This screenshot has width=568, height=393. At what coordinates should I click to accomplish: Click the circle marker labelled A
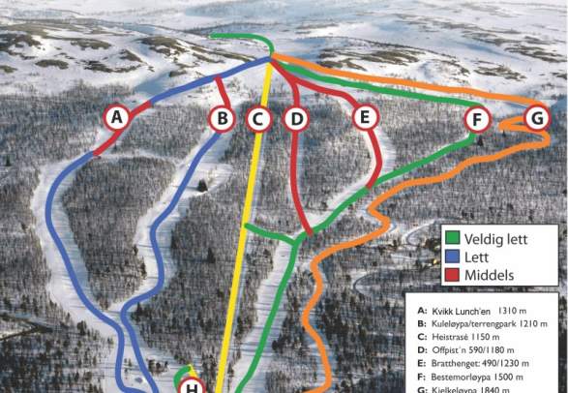pyautogui.click(x=118, y=118)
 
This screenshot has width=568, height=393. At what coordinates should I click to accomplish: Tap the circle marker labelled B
pyautogui.click(x=223, y=119)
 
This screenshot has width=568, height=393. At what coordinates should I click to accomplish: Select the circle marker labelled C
pyautogui.click(x=257, y=119)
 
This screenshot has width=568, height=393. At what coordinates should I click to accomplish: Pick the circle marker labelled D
pyautogui.click(x=297, y=119)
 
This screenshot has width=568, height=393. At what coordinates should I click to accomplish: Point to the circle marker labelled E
pyautogui.click(x=365, y=118)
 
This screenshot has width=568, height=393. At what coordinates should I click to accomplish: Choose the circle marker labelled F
pyautogui.click(x=476, y=120)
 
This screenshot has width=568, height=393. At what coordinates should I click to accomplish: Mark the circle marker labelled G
pyautogui.click(x=537, y=118)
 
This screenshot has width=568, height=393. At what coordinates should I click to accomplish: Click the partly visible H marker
pyautogui.click(x=194, y=387)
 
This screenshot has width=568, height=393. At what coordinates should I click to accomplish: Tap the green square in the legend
pyautogui.click(x=451, y=236)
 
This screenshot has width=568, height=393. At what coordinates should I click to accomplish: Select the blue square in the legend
pyautogui.click(x=451, y=256)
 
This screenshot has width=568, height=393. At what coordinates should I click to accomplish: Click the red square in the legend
pyautogui.click(x=451, y=275)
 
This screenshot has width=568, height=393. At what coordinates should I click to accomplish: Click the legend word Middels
pyautogui.click(x=487, y=276)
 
